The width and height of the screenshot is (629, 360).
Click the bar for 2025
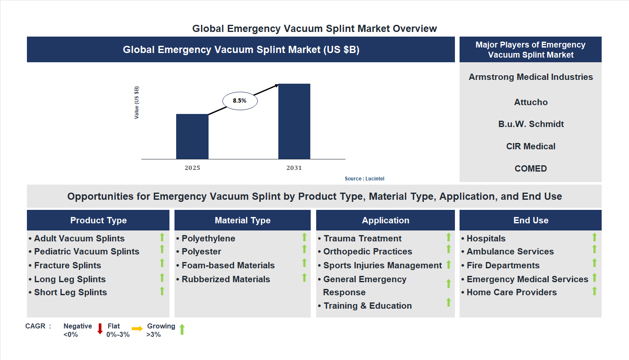pos(192,136)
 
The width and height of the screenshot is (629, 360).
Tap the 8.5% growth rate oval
pos(240,101)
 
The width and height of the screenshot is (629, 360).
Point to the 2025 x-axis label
pos(192,168)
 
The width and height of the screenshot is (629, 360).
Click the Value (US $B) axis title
pos(137,103)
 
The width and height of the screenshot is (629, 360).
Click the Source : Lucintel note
pos(364,179)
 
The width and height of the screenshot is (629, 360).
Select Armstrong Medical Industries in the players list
pos(531,77)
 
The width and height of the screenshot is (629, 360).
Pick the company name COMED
pos(531,169)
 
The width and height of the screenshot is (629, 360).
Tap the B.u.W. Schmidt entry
pos(531,124)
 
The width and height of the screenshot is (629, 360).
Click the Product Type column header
pos(98,220)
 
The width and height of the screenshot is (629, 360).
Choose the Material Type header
pos(243,220)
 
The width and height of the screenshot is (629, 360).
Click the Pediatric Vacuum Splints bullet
pos(87,251)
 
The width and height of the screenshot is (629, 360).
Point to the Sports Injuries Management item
pos(382,265)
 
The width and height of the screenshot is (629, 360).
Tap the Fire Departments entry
pos(503,265)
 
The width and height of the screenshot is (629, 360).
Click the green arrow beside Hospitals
pos(595,238)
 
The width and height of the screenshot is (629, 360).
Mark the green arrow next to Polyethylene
pos(304,238)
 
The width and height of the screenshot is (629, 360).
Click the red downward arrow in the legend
pos(100,329)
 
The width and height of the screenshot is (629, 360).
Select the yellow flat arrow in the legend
pos(137,329)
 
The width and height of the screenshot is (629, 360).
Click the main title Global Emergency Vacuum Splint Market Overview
pos(314,29)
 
